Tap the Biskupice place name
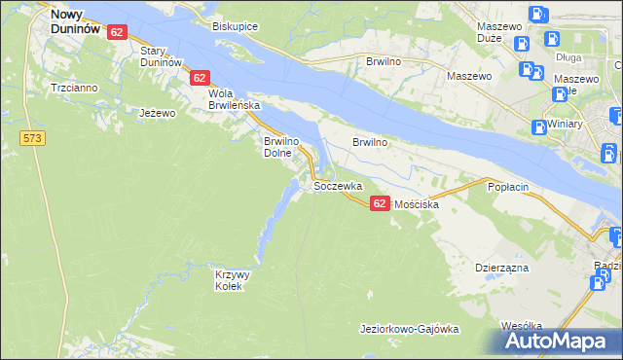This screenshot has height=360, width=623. pyautogui.click(x=235, y=26)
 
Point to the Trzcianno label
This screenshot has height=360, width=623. pyautogui.click(x=74, y=88)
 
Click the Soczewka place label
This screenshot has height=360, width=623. pyautogui.click(x=338, y=185)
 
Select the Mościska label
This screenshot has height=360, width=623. pyautogui.click(x=417, y=205)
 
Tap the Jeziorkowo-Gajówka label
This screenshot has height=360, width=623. pyautogui.click(x=409, y=329)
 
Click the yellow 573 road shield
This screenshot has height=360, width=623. pyautogui.click(x=32, y=139)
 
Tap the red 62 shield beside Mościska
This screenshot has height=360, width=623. pyautogui.click(x=380, y=202)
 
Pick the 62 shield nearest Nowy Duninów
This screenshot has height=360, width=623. pyautogui.click(x=117, y=32)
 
